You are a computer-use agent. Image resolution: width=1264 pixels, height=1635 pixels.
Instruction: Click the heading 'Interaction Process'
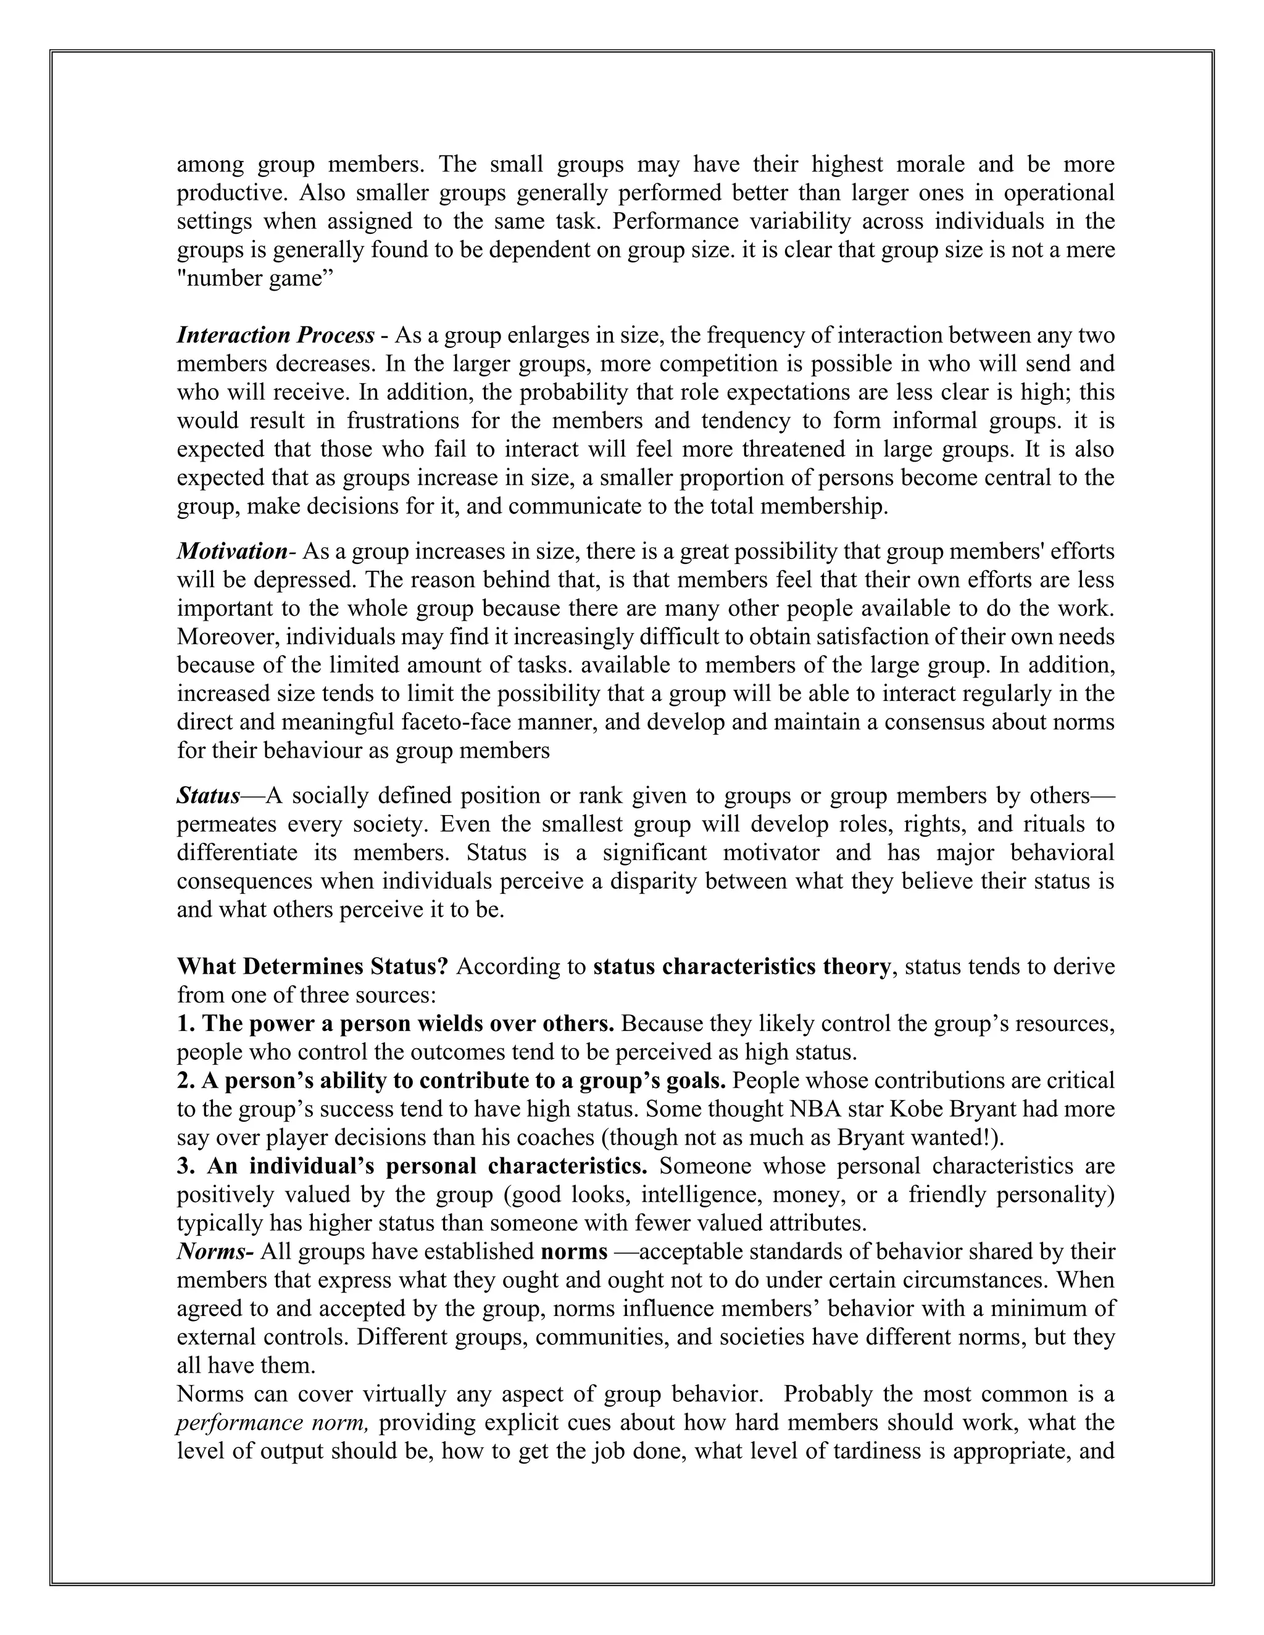275,336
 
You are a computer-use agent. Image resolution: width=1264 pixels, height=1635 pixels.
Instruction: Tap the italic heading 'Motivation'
231,552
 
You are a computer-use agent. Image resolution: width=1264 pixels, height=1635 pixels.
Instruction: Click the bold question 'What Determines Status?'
312,966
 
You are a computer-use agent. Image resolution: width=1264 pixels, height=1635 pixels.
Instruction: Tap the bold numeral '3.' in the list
186,1165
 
